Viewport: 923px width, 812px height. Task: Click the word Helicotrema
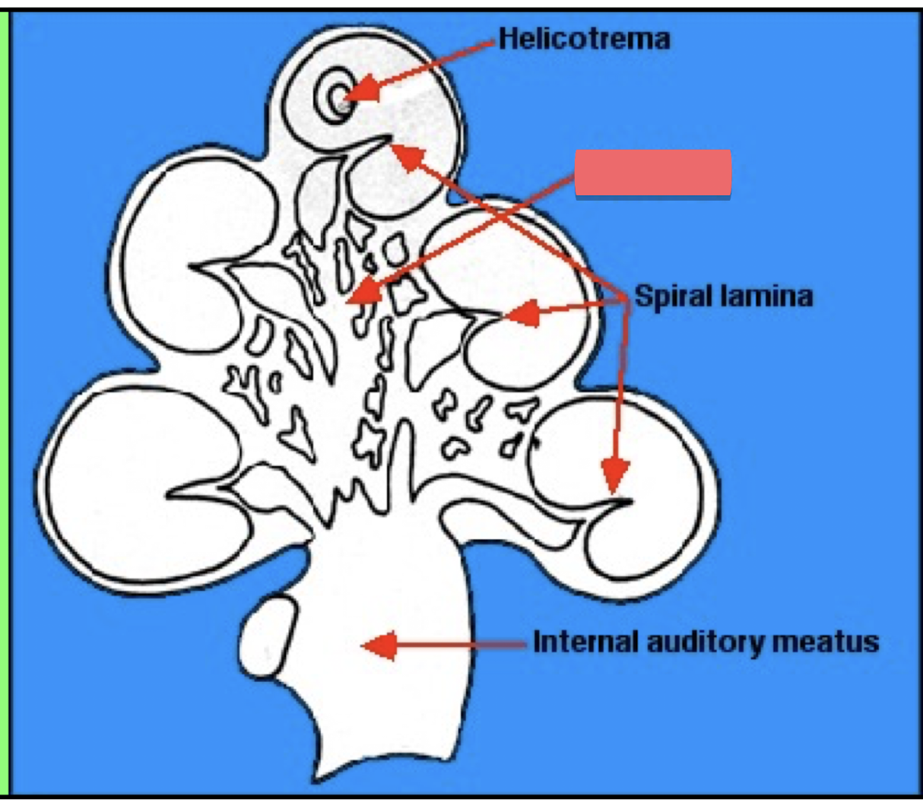point(584,39)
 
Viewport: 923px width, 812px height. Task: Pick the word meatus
point(826,642)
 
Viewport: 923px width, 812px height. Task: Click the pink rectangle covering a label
point(653,174)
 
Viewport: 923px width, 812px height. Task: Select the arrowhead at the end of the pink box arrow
point(360,292)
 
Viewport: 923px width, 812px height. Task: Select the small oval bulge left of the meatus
point(267,637)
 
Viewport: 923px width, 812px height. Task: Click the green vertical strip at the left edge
point(4,403)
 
